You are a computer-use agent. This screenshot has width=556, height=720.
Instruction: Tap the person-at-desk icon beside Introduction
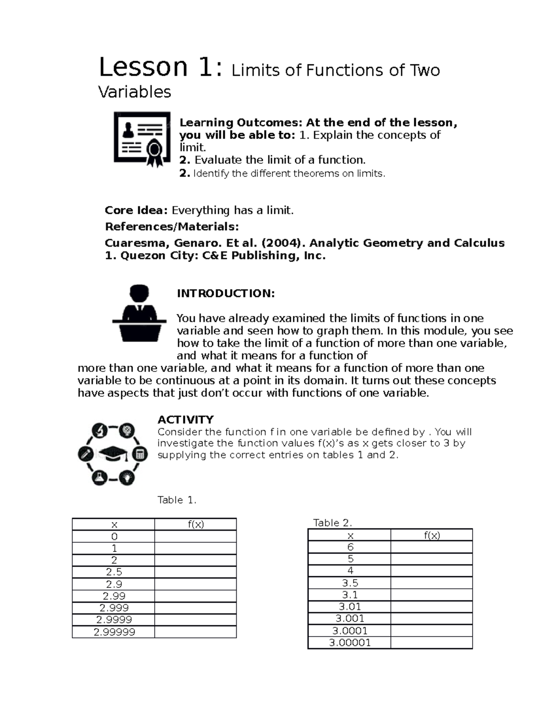coord(139,313)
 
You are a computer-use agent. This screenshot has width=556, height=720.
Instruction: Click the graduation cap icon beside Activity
coord(113,454)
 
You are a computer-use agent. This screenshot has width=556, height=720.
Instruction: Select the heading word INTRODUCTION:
coord(226,293)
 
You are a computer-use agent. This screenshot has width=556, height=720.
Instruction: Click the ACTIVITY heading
coord(185,420)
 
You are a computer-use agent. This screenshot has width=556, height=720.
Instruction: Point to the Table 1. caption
coord(177,500)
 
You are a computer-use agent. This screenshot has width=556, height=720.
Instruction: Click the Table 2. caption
coord(333,522)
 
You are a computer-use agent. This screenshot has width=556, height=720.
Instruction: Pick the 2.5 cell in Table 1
coord(114,572)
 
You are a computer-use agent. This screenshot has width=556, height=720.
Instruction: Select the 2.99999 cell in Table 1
coord(114,632)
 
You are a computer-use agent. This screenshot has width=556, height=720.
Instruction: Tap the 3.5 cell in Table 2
coord(350,583)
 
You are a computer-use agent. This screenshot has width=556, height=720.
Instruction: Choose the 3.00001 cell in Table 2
coord(350,643)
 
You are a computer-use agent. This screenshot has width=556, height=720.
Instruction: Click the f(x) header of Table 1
coord(196,524)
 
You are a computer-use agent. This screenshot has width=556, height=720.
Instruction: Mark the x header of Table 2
coord(350,535)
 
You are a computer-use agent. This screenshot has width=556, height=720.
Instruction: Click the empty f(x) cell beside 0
coord(196,536)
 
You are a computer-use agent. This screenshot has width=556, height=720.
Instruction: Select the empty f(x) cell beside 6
coord(431,547)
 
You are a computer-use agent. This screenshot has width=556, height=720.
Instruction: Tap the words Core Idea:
coord(136,210)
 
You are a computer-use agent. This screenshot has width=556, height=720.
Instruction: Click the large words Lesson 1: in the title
coord(157,67)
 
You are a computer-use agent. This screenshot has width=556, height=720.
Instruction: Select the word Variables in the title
coord(134,92)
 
